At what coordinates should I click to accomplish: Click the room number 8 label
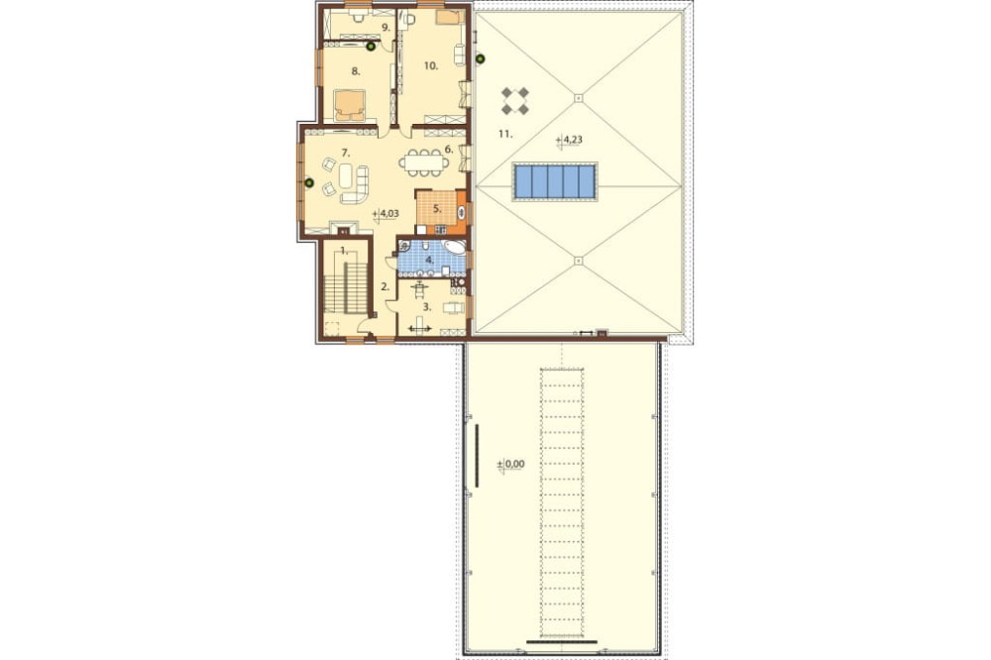tap(356, 72)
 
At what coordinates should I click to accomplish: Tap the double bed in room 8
tap(350, 105)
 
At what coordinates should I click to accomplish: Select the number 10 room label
tap(431, 65)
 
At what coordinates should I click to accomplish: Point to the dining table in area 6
tap(424, 163)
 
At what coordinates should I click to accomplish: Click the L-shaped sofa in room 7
tap(357, 186)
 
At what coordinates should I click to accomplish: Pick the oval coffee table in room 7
tap(346, 175)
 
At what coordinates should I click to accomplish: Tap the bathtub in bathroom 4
tap(454, 247)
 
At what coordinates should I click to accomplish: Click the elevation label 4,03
tap(386, 214)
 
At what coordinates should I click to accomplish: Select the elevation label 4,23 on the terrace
tap(570, 140)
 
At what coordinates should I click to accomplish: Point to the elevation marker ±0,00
tap(510, 464)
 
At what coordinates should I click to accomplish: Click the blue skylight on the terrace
tap(554, 180)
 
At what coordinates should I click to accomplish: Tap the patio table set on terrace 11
tap(515, 101)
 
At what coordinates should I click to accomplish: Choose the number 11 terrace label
tap(504, 134)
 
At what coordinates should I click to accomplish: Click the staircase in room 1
tap(346, 287)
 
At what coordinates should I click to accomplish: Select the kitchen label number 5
tap(437, 208)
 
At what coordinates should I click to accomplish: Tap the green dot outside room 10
tap(481, 59)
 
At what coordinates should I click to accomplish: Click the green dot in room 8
tap(371, 47)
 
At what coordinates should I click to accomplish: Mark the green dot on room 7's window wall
tap(309, 183)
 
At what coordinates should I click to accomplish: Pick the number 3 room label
tap(427, 307)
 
